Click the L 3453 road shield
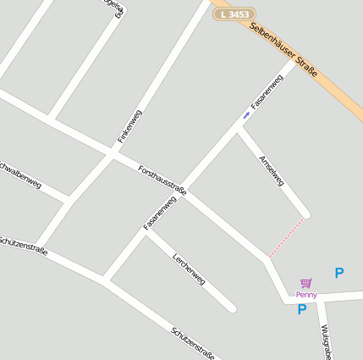[x=234, y=14]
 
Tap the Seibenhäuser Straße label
[x=284, y=50]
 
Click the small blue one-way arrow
[x=246, y=114]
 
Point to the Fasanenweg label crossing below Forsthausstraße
[x=159, y=213]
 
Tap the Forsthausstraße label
[x=162, y=180]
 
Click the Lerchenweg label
[x=189, y=268]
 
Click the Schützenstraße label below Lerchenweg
[x=193, y=342]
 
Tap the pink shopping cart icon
[x=306, y=283]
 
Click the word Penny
[x=306, y=294]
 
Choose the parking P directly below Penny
[x=301, y=310]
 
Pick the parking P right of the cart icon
[x=339, y=273]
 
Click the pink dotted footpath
[x=287, y=236]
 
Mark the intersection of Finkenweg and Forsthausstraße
[x=113, y=154]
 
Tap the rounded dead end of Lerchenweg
[x=232, y=307]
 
